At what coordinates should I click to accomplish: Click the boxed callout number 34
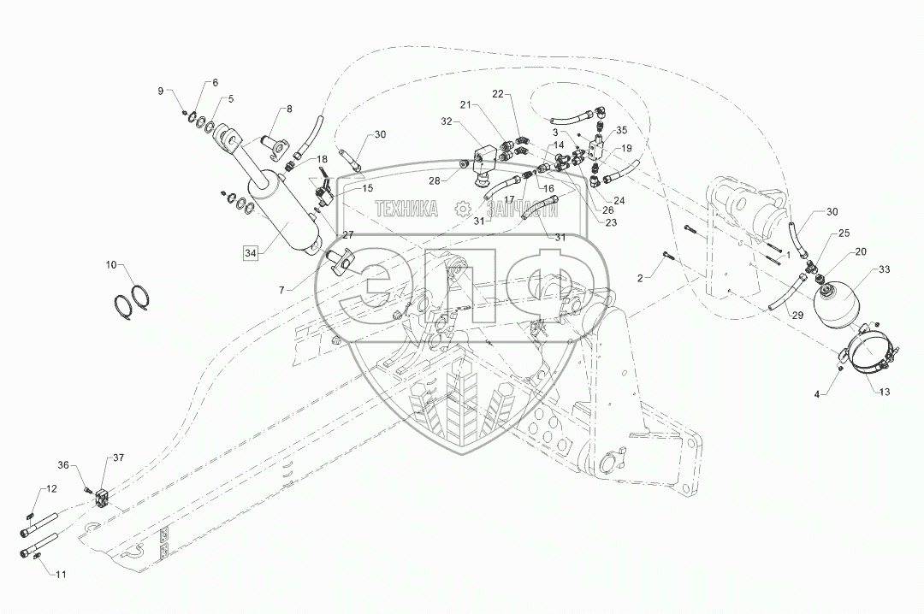[250, 252]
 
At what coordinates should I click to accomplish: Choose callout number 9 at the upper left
[158, 92]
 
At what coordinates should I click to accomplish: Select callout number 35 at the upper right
[622, 130]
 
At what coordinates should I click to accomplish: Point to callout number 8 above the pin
[288, 109]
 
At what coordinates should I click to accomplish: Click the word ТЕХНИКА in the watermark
[406, 209]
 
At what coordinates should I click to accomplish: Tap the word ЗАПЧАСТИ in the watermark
[523, 209]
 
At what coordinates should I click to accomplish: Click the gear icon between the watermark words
[463, 209]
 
